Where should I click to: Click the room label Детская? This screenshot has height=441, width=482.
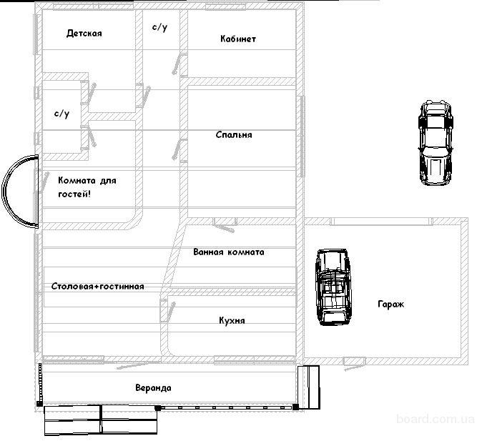click(x=84, y=33)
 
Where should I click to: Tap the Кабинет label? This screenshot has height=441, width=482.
click(x=238, y=39)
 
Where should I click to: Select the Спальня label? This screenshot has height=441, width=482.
click(x=234, y=134)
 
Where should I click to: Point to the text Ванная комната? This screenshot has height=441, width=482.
click(x=229, y=252)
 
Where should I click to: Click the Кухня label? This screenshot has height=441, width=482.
click(x=232, y=320)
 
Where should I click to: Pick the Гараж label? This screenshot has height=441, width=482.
click(x=390, y=304)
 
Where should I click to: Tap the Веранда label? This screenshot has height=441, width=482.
click(x=153, y=388)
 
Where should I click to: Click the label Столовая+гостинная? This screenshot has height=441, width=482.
click(x=98, y=287)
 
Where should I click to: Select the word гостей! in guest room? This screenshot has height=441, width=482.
click(x=74, y=194)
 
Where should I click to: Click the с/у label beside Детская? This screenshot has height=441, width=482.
click(x=160, y=27)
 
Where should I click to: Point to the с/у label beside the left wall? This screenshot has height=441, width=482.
click(x=62, y=114)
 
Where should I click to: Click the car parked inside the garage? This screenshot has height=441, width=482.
click(x=333, y=287)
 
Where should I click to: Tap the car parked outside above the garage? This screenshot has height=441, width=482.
click(x=436, y=143)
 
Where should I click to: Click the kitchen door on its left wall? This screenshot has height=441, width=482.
click(x=168, y=309)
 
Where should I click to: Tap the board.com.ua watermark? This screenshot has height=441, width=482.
click(x=436, y=419)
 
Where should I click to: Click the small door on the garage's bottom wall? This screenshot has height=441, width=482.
click(x=354, y=364)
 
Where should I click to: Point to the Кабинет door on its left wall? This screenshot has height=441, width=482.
click(x=179, y=64)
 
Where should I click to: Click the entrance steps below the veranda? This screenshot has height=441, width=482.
click(x=101, y=420)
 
